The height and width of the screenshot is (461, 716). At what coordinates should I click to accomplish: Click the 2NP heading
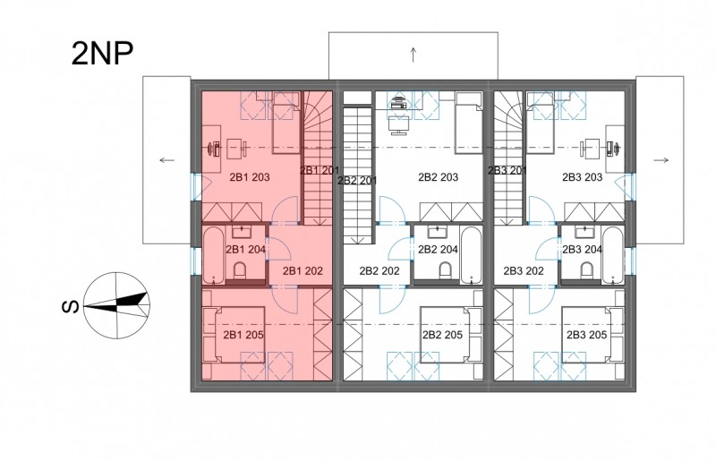(102, 54)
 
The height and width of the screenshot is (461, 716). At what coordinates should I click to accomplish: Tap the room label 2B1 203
(250, 177)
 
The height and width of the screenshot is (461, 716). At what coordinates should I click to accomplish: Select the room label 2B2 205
(442, 335)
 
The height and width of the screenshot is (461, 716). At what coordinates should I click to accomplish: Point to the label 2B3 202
(524, 271)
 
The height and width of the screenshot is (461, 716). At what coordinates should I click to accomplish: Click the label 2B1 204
(245, 250)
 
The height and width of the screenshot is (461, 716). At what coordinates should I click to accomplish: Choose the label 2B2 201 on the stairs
(357, 181)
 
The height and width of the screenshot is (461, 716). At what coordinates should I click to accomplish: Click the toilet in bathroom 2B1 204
(240, 270)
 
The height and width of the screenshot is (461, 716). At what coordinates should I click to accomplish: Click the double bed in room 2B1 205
(234, 335)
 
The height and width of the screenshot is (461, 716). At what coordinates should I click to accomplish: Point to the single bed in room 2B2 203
(469, 122)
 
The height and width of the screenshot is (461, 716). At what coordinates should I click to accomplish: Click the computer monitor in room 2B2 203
(398, 125)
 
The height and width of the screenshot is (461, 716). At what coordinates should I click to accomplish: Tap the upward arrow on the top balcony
(413, 55)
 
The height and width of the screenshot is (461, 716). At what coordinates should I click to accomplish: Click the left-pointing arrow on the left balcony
(167, 160)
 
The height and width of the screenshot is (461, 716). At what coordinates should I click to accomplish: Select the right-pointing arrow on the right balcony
(661, 160)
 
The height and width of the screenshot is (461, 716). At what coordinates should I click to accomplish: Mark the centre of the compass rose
(117, 305)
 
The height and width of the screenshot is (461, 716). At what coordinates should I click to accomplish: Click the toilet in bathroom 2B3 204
(587, 270)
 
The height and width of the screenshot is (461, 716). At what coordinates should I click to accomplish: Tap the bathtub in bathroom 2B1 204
(213, 255)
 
